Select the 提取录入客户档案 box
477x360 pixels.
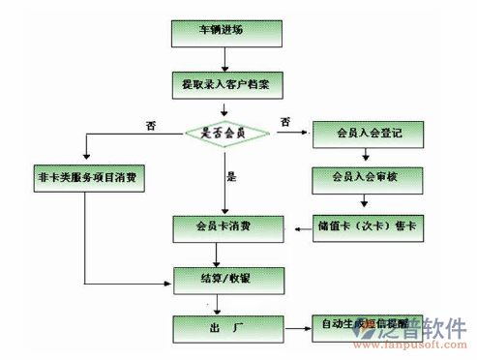[225, 84]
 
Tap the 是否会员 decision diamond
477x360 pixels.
[224, 133]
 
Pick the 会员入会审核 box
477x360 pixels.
[367, 178]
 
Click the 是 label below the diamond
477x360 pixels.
[230, 178]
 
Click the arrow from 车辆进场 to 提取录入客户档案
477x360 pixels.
[225, 59]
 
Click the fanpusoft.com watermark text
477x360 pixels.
[411, 345]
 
